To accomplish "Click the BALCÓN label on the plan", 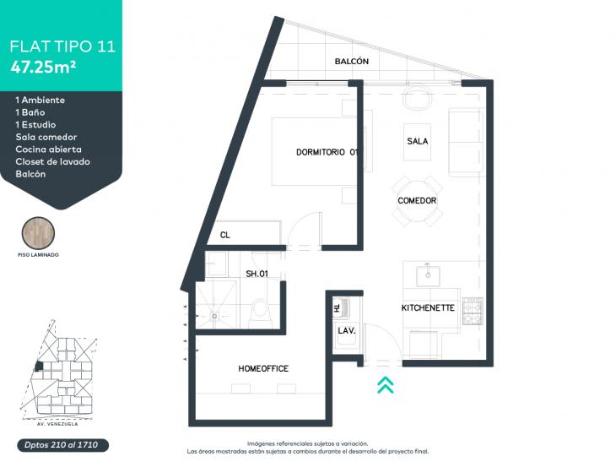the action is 352,62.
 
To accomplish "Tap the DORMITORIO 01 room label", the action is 327,152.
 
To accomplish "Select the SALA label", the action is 417,141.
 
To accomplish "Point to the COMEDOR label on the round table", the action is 417,200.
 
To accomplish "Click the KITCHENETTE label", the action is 428,308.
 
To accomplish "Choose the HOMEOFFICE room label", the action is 263,368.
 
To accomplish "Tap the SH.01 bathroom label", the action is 257,274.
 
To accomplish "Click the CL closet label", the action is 224,235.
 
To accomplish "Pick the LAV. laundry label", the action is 347,331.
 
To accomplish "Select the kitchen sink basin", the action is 428,275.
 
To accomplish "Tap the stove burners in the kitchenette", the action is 473,311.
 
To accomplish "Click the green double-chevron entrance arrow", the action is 386,384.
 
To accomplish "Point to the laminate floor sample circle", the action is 38,233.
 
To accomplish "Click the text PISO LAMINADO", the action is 38,255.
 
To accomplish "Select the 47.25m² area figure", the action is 43,67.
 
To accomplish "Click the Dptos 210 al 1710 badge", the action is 62,445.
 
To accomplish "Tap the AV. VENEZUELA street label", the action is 57,424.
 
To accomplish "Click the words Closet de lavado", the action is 52,161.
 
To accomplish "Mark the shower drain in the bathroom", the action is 214,315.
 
